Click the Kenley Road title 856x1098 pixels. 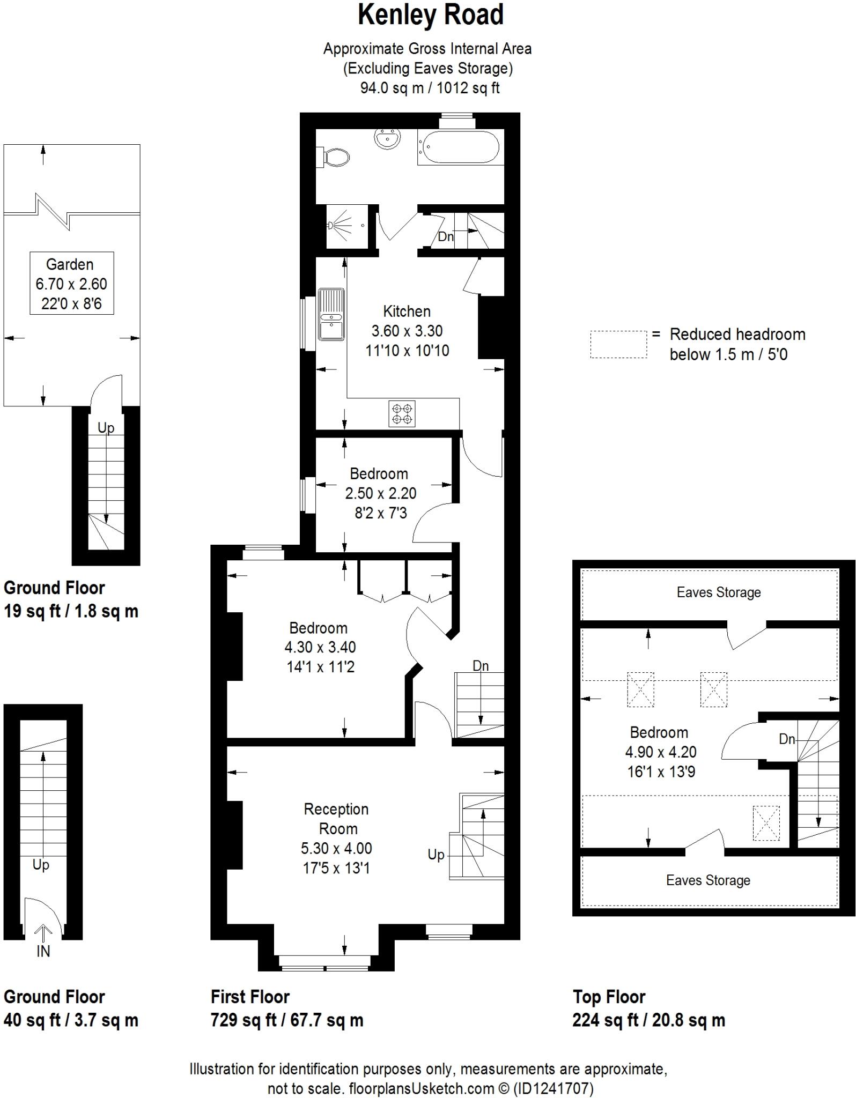click(431, 16)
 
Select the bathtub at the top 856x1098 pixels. click(460, 146)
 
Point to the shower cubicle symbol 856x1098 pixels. click(348, 226)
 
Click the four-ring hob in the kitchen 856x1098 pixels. click(402, 414)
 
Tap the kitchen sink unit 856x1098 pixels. click(331, 314)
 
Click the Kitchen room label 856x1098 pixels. click(407, 311)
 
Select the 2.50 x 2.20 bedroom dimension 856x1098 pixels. click(380, 493)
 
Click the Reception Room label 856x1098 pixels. click(336, 819)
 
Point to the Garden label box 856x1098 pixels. click(71, 283)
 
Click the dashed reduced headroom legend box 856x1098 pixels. click(618, 345)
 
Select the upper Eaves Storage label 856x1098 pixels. click(718, 592)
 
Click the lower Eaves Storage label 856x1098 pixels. click(708, 880)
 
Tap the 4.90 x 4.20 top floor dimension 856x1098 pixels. click(660, 752)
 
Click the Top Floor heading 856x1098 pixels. click(609, 997)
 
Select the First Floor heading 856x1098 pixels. click(250, 997)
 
